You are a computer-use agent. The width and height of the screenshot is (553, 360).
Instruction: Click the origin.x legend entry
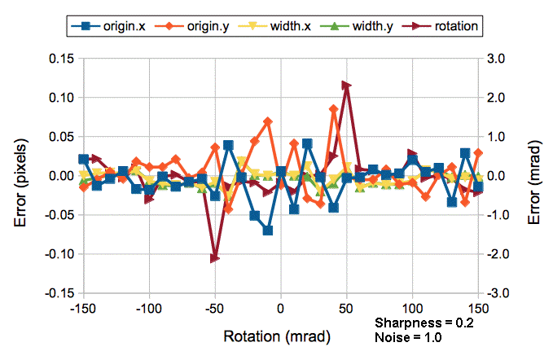tap(107, 26)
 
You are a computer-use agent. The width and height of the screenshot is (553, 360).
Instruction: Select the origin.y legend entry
tap(190, 26)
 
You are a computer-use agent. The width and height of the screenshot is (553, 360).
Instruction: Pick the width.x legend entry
tap(272, 26)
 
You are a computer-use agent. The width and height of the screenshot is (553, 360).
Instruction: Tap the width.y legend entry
tap(353, 26)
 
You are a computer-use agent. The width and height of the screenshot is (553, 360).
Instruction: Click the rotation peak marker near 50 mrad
tap(346, 85)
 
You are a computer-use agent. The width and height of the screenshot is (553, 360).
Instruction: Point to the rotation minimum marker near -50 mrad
tap(215, 258)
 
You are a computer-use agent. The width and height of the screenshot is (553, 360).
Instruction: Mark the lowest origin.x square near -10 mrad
tap(267, 230)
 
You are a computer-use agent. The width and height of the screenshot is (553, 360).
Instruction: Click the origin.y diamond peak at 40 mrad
tap(333, 109)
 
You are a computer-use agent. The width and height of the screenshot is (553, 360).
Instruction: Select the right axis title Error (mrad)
tap(536, 176)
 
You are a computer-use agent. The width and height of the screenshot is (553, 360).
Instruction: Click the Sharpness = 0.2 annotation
tap(423, 323)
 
